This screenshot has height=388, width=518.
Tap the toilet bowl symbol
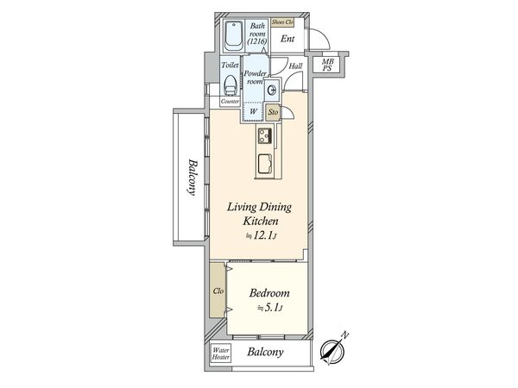230,84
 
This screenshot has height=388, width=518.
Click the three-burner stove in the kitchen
265,136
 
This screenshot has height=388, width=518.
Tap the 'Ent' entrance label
287,39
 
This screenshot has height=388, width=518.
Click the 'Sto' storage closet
273,112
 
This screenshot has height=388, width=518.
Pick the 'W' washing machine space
253,111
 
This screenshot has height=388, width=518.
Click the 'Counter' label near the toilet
230,102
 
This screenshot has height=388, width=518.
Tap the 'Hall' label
295,66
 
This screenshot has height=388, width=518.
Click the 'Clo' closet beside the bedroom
218,291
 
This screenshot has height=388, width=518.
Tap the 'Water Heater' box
222,354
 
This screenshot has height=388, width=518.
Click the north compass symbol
332,350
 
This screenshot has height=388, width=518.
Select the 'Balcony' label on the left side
193,178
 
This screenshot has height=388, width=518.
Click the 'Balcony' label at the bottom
267,354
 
